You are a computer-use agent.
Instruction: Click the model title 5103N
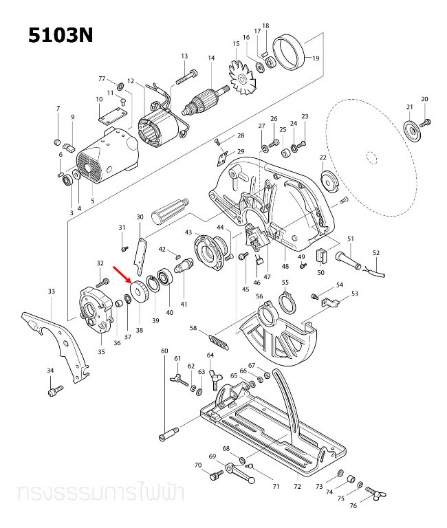61,35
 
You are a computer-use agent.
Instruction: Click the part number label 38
140,329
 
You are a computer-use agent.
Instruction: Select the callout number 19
316,58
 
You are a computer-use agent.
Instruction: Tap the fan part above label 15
242,82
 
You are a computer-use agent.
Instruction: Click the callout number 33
51,291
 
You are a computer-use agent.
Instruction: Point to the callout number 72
297,487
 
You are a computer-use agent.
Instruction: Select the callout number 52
375,252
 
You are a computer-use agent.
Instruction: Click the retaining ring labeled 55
286,300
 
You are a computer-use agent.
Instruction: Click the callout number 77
101,78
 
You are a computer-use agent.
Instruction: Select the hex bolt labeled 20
425,122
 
